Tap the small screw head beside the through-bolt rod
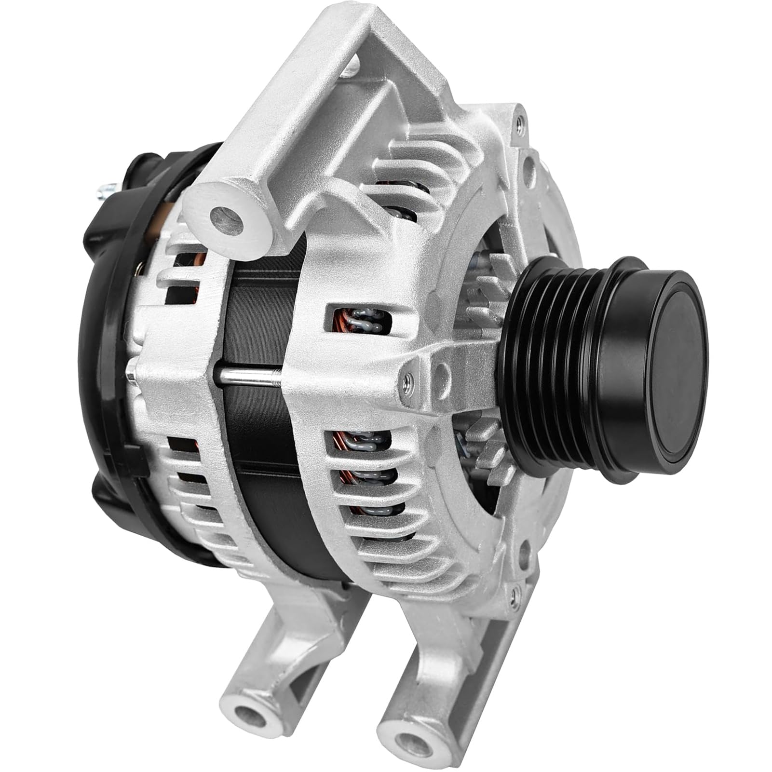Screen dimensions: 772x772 [x=407, y=381]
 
